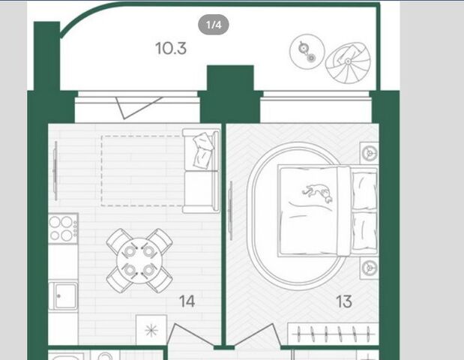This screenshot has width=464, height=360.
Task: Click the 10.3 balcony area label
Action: tap(171, 48)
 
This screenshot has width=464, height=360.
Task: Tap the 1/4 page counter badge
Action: tap(214, 25)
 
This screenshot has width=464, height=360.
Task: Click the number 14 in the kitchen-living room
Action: tap(187, 301)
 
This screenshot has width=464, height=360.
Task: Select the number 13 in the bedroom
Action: tap(344, 301)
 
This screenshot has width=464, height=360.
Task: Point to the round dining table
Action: tap(139, 260)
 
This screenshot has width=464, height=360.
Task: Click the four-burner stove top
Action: tap(63, 228)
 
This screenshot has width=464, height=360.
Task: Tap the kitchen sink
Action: tap(63, 295)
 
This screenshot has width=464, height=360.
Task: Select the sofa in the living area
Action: tap(201, 170)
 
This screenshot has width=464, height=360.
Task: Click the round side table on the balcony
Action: tap(307, 52)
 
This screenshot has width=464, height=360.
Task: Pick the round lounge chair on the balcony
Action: tap(348, 63)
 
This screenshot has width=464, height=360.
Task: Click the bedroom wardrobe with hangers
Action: tap(334, 334)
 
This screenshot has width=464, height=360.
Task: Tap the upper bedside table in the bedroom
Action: tap(369, 153)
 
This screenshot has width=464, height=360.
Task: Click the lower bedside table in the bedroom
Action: tap(369, 268)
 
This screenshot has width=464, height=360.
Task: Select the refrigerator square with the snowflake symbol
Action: tap(151, 330)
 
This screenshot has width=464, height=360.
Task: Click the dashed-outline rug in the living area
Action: tap(142, 171)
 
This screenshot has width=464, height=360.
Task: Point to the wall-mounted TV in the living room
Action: tap(55, 171)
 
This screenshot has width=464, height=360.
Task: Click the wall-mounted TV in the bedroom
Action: tap(231, 210)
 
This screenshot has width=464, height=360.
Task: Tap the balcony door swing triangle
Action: tap(138, 107)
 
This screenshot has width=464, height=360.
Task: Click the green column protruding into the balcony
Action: tap(230, 78)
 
